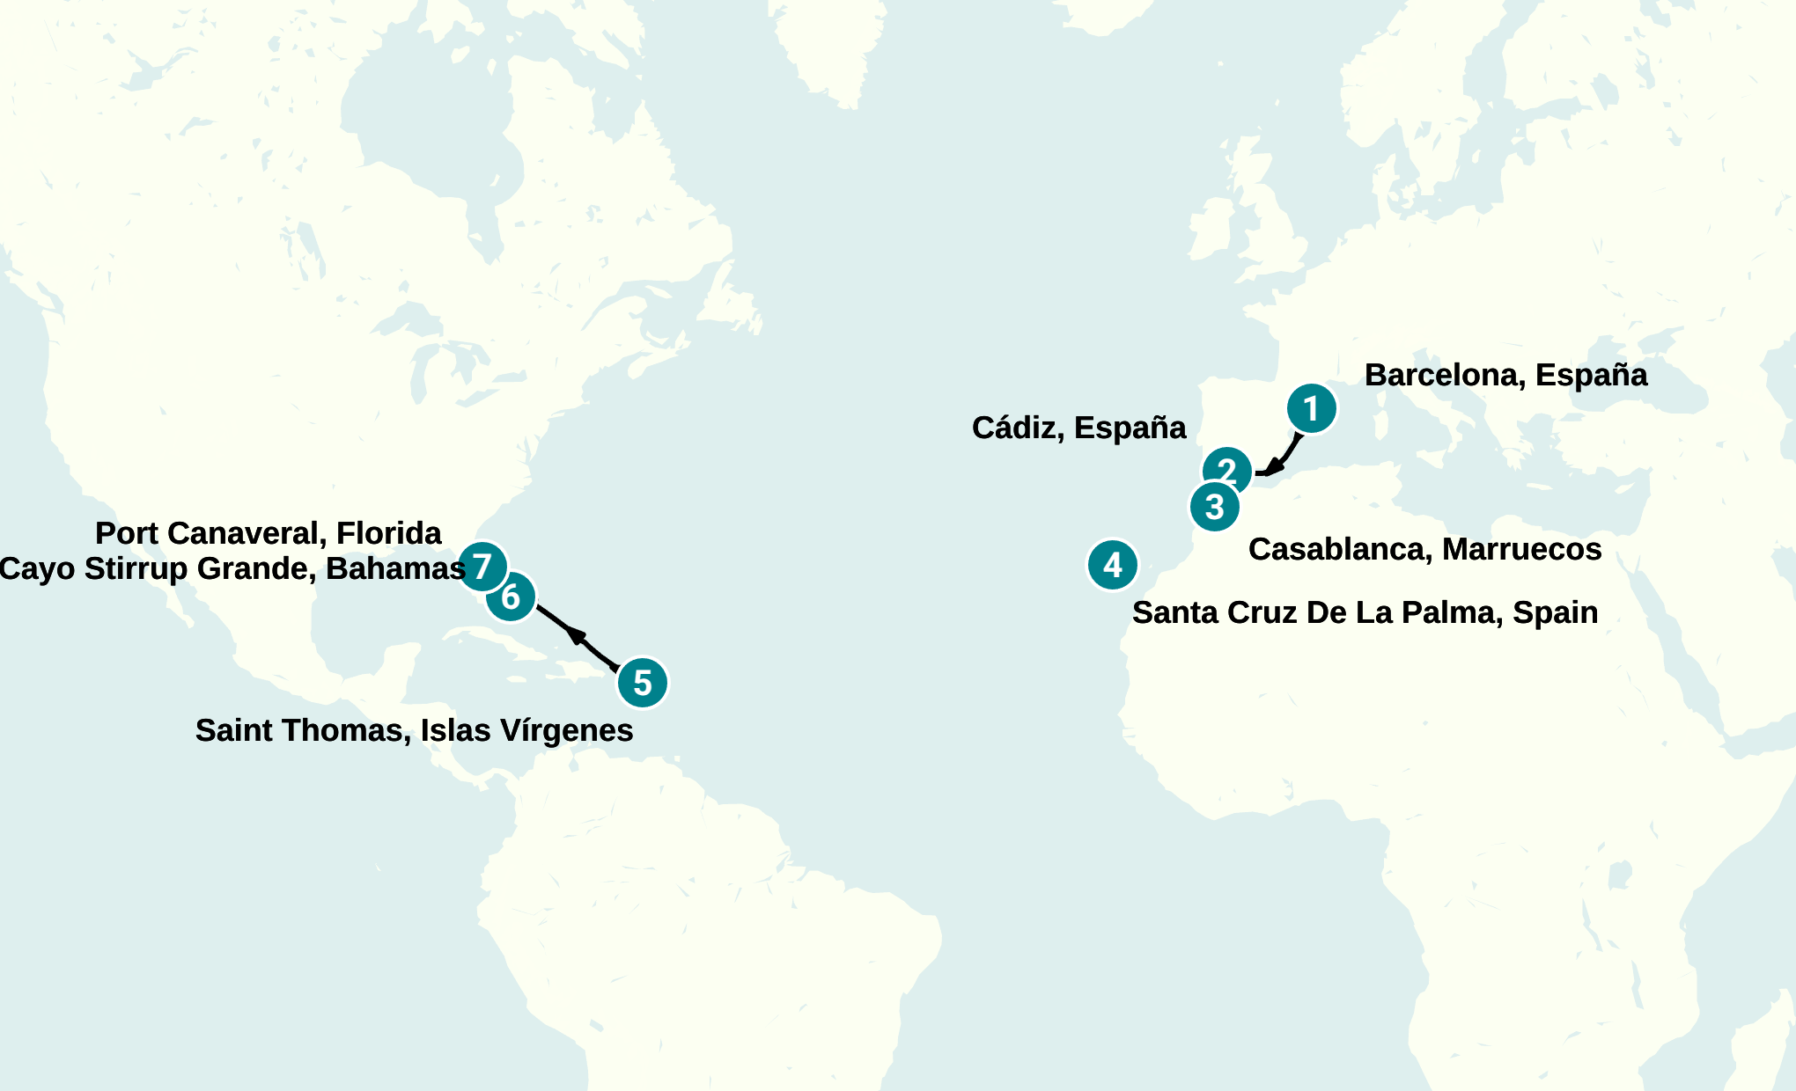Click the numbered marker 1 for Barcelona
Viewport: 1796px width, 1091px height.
(1311, 408)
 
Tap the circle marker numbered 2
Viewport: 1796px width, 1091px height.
(1226, 471)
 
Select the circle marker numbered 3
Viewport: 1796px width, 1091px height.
(1214, 507)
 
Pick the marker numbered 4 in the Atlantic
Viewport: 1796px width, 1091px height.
(1112, 565)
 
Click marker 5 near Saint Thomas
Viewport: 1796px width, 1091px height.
(642, 683)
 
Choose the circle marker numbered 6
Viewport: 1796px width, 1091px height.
(511, 597)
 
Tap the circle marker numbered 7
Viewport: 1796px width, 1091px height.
(482, 566)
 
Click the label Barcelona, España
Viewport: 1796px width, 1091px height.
(1505, 376)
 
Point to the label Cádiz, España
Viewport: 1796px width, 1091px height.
(1078, 428)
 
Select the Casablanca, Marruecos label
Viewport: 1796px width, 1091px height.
(1424, 550)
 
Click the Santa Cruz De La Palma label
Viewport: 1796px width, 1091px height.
(1365, 613)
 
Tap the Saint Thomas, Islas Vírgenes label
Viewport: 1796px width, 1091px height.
(414, 731)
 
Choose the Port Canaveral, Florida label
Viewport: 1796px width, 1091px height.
(268, 534)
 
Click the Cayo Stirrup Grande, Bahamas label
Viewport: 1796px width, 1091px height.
(232, 569)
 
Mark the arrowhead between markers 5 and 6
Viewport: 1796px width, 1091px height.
(576, 633)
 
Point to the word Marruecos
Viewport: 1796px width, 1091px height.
(1521, 550)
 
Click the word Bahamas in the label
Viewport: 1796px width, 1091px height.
(395, 569)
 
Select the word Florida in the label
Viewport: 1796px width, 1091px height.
(388, 534)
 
